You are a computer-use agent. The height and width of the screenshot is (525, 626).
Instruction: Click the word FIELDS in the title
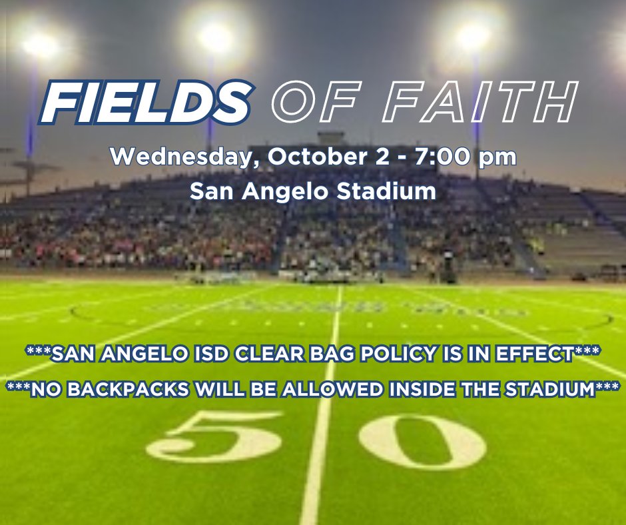[x=145, y=103]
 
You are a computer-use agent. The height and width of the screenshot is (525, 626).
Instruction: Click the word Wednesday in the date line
[x=184, y=157]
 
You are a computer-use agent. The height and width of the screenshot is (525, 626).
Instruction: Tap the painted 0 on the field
[x=422, y=441]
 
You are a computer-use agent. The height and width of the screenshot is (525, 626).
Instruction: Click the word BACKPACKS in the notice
[x=127, y=389]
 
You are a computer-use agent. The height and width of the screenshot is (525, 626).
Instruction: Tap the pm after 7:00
[x=497, y=158]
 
